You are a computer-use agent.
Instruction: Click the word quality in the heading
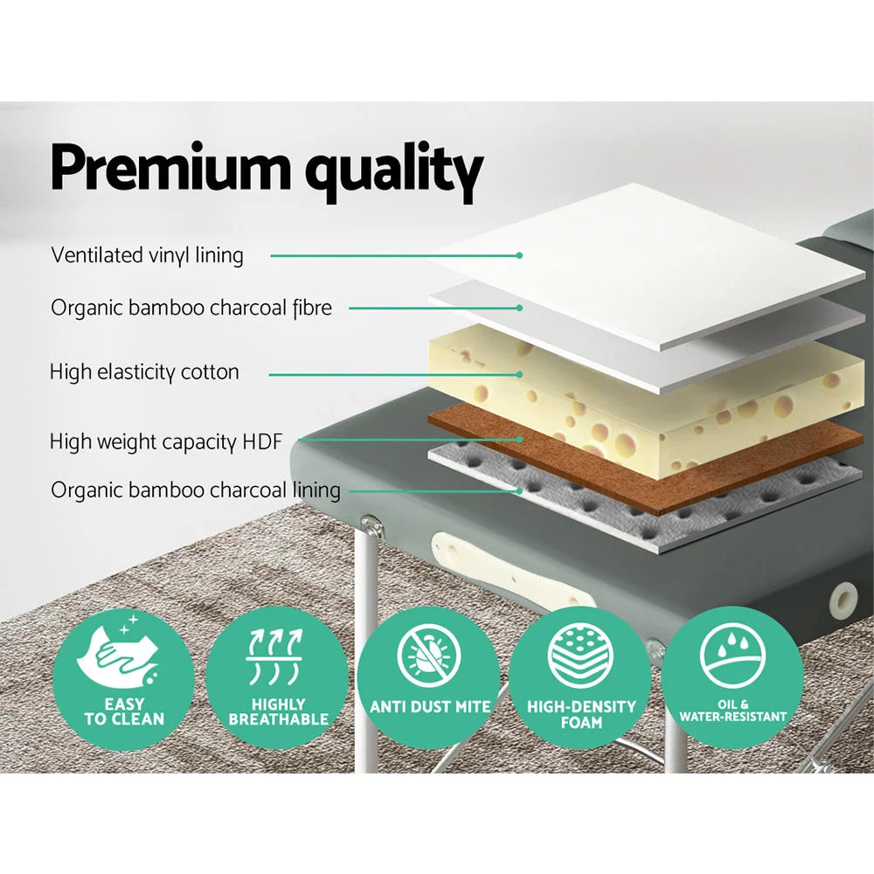[393, 173]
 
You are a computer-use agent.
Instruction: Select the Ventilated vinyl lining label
[147, 255]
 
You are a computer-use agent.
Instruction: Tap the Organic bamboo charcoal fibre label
[191, 308]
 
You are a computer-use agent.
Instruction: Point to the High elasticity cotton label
[144, 372]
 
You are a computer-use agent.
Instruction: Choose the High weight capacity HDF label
[166, 442]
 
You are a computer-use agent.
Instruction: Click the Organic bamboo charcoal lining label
[196, 489]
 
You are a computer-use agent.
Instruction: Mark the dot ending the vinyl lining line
[519, 255]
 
